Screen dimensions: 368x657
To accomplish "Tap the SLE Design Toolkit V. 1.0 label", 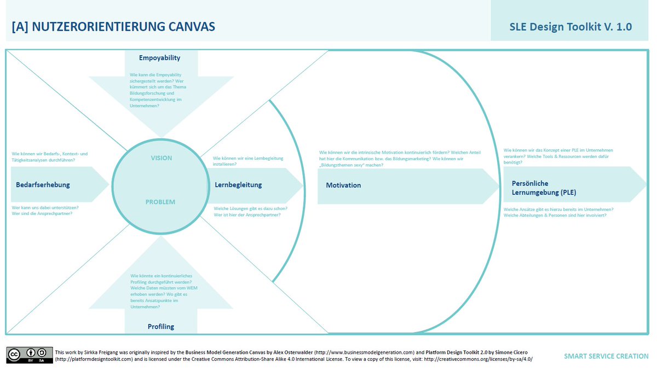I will [x=571, y=27].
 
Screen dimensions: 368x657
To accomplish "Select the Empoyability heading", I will [x=159, y=57].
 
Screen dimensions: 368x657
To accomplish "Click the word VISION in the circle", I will [x=161, y=158].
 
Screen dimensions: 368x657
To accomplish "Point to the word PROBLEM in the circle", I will [x=160, y=202].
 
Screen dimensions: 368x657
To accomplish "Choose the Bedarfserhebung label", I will [x=43, y=185].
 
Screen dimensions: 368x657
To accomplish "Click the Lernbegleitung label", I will [x=238, y=185].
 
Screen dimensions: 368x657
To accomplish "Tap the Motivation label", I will [x=343, y=185].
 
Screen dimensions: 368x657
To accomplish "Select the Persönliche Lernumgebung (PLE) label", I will [x=544, y=188].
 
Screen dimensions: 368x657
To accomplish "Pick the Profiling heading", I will [x=160, y=326].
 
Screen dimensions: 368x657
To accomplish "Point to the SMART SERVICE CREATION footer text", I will [x=606, y=356].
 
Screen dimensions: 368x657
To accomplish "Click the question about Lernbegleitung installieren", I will [x=248, y=161].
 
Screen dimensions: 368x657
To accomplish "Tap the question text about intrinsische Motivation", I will [x=400, y=158].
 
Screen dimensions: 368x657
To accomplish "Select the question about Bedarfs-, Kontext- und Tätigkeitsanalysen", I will [x=50, y=156].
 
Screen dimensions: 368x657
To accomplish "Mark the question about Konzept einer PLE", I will [x=558, y=156].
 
